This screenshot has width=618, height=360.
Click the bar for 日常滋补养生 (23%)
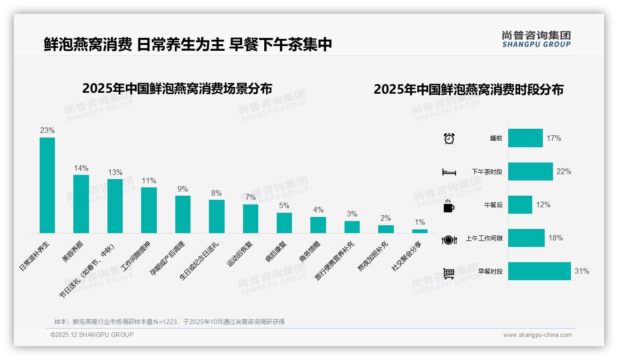pos(47,185)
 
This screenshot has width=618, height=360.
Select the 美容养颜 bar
pos(81,204)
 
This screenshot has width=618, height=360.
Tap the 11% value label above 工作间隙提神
pos(149,181)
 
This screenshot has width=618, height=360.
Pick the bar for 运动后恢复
pos(250,218)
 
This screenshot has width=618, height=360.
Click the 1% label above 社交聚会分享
pos(420,222)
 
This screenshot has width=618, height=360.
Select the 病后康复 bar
pos(284,222)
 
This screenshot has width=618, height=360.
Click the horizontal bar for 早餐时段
pos(539,271)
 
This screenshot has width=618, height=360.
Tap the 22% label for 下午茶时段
pos(564,172)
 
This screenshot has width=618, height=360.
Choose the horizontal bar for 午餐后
pos(520,205)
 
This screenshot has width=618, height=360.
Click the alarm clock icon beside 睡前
pos(449,138)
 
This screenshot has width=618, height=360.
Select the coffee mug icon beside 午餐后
pos(449,206)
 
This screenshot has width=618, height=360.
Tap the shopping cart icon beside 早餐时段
pos(449,273)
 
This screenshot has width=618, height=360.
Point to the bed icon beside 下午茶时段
pos(449,172)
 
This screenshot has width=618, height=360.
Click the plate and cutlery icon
pos(449,240)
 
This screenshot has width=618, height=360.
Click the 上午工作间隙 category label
pos(484,239)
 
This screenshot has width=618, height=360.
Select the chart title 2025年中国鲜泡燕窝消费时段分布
pos(468,90)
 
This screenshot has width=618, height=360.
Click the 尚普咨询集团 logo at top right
pos(536,39)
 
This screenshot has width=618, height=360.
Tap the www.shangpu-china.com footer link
pos(537,335)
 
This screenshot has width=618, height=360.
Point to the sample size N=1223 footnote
pos(169,322)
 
